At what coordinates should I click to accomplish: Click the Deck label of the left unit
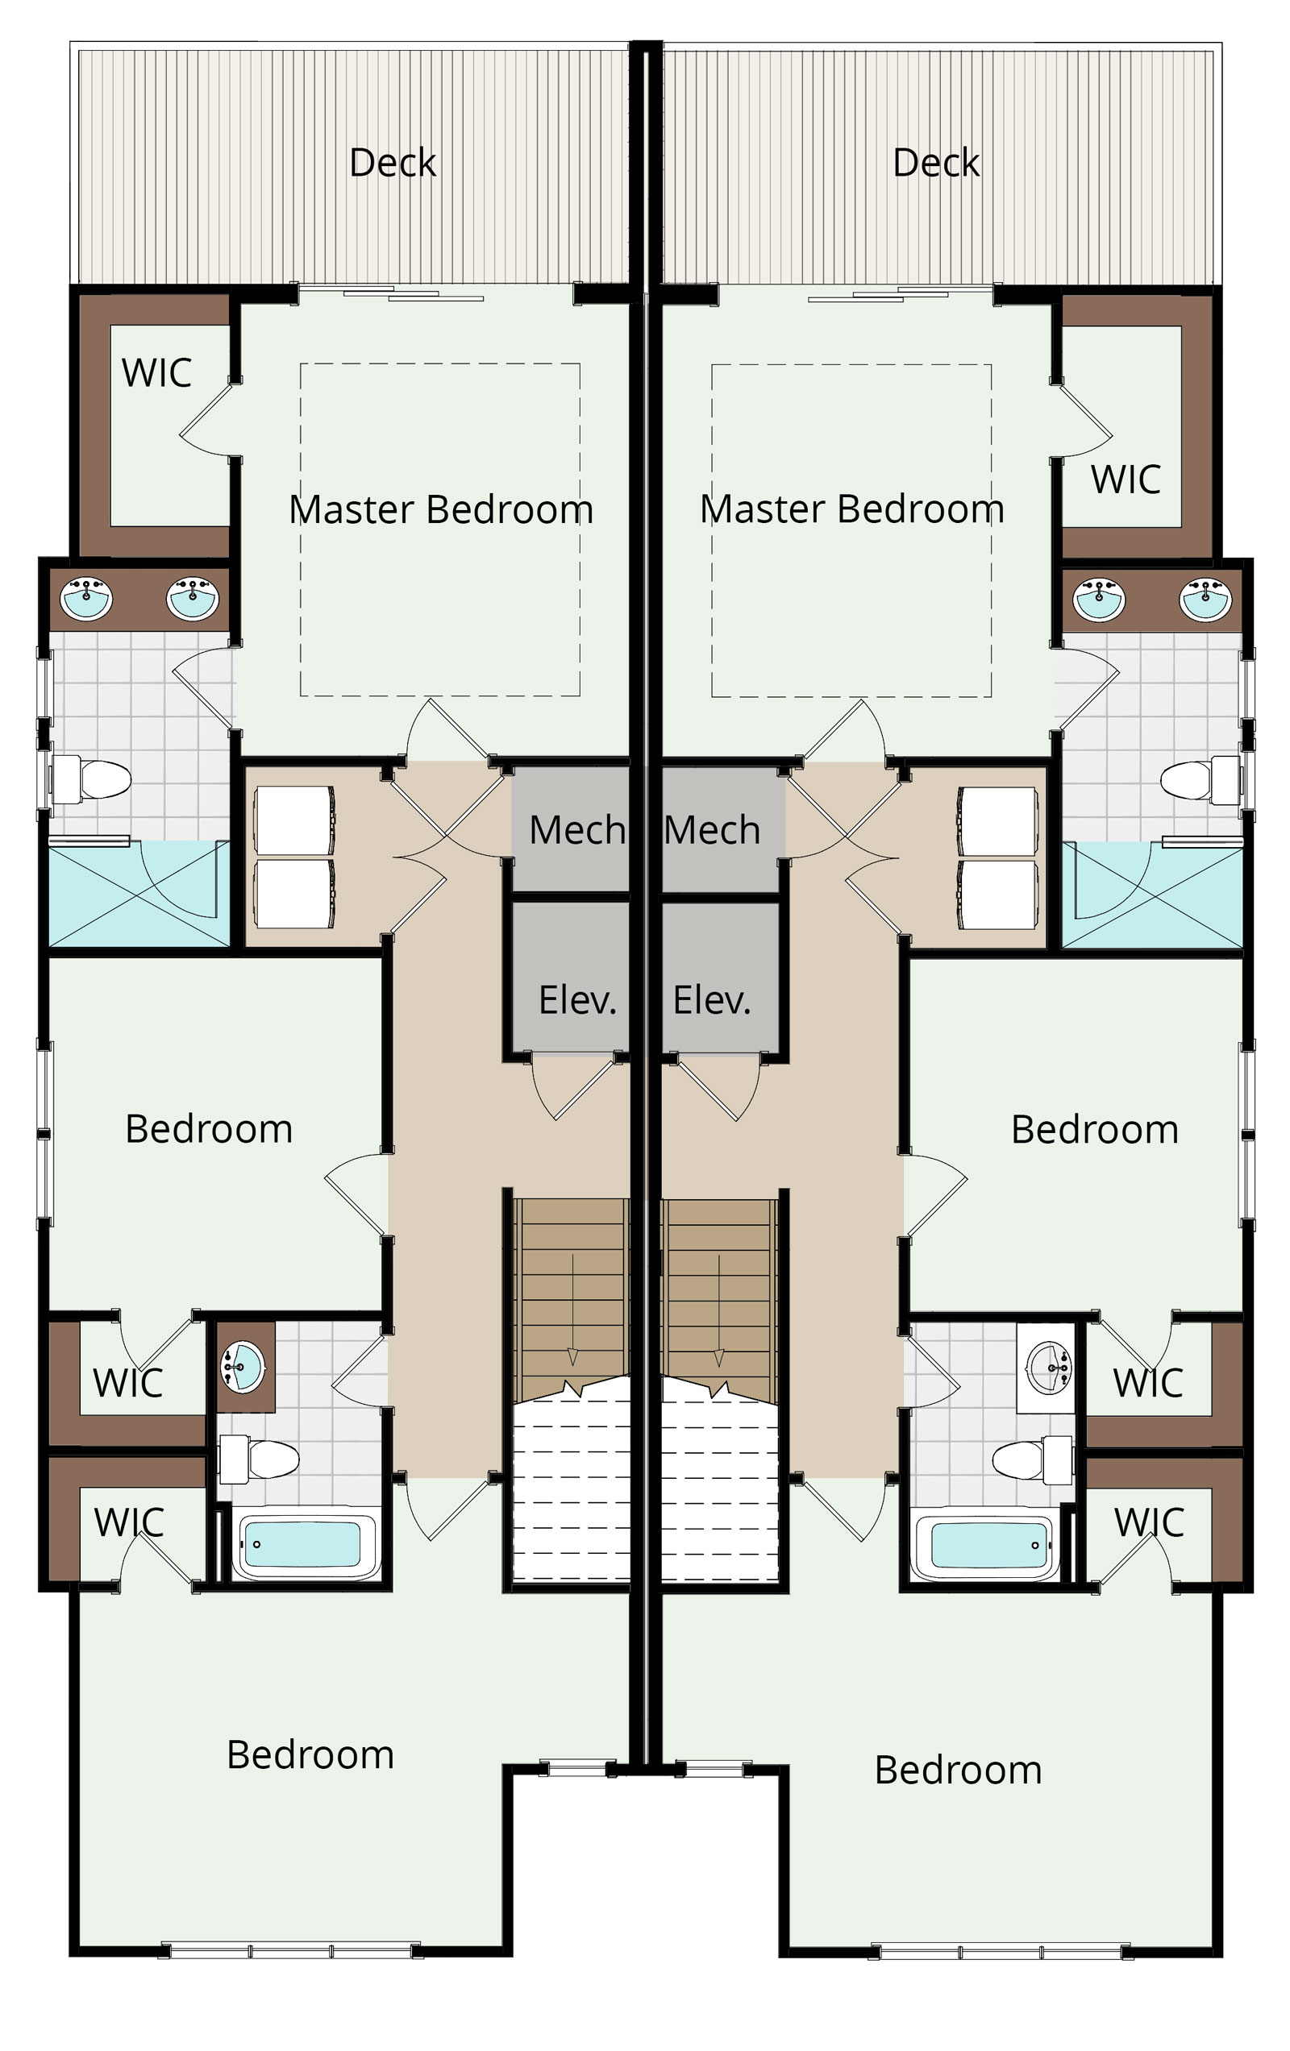tap(393, 162)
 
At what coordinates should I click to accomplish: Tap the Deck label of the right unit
tap(935, 162)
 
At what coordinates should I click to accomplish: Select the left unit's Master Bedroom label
tap(440, 509)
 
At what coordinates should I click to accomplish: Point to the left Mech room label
tap(576, 829)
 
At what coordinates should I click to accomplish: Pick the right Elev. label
tap(711, 1000)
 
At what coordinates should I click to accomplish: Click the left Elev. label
tap(576, 1000)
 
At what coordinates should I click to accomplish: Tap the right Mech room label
tap(712, 829)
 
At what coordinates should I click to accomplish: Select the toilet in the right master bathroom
tap(1201, 778)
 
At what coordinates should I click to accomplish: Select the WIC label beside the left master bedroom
tap(156, 372)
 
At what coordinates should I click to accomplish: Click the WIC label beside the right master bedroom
tap(1126, 479)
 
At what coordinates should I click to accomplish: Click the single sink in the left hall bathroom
tap(243, 1366)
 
